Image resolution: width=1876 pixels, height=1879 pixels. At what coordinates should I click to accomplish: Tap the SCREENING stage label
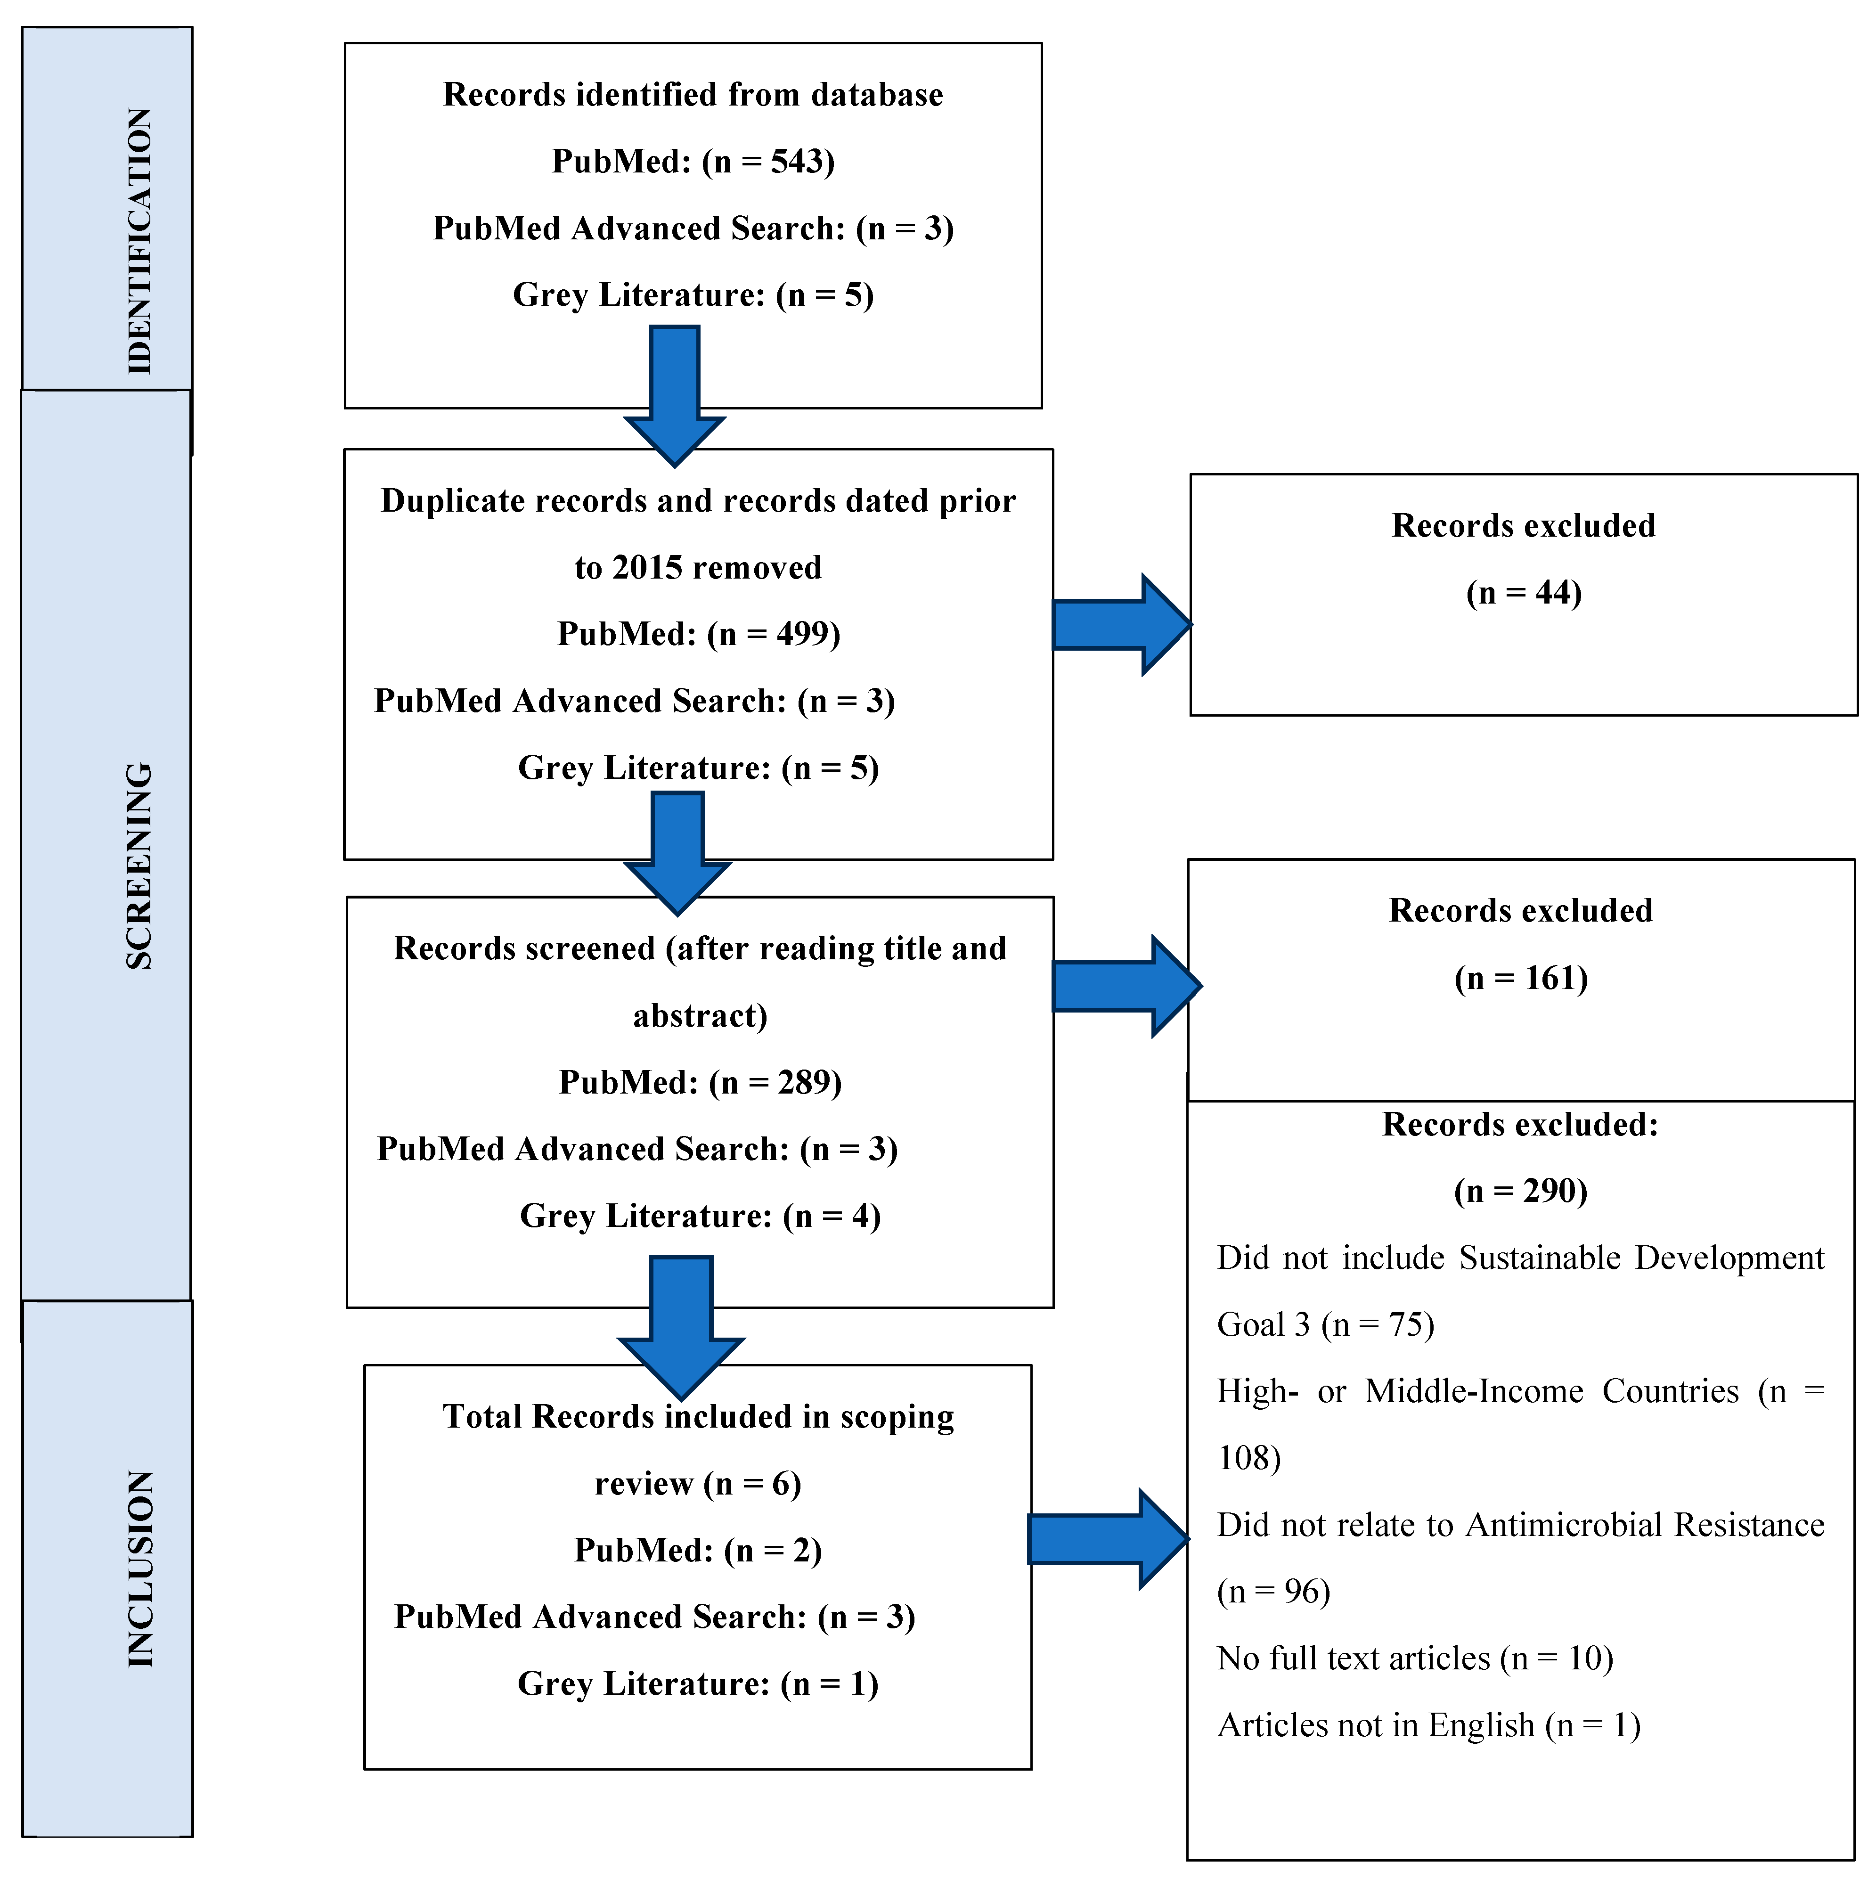click(139, 866)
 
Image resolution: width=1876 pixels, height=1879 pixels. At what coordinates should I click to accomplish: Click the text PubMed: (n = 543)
click(693, 162)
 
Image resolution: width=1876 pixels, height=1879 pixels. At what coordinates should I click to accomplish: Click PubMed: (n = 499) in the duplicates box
click(698, 634)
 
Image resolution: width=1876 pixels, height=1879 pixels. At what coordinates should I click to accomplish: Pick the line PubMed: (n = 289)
click(699, 1082)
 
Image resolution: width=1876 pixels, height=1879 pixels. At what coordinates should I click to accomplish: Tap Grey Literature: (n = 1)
click(697, 1683)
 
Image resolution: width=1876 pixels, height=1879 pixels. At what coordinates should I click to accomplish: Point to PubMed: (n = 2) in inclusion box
click(697, 1550)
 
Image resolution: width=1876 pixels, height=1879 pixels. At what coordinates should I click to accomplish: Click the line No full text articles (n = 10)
click(1414, 1658)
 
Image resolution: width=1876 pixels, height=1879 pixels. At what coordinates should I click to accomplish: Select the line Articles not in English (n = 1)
click(1427, 1725)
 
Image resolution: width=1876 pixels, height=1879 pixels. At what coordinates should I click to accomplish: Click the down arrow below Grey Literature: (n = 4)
click(681, 1328)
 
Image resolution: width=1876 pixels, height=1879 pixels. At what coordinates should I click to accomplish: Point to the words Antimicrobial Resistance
click(1644, 1525)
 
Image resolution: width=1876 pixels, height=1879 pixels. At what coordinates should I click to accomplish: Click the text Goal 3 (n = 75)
click(1325, 1324)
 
